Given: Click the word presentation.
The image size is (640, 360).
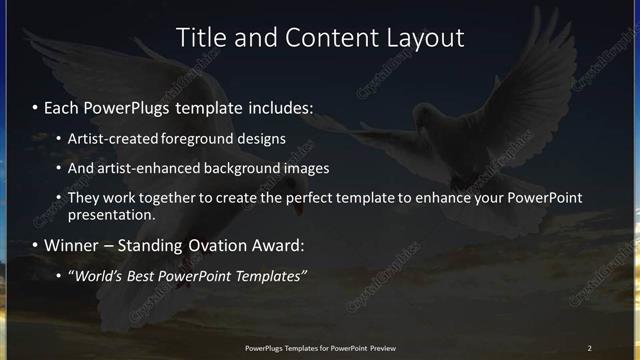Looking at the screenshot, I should tap(111, 214).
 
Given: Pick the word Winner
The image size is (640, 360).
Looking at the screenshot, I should tap(69, 245).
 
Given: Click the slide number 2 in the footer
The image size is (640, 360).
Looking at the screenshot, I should tap(590, 348).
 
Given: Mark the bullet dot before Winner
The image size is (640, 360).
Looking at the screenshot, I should tap(36, 245).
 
